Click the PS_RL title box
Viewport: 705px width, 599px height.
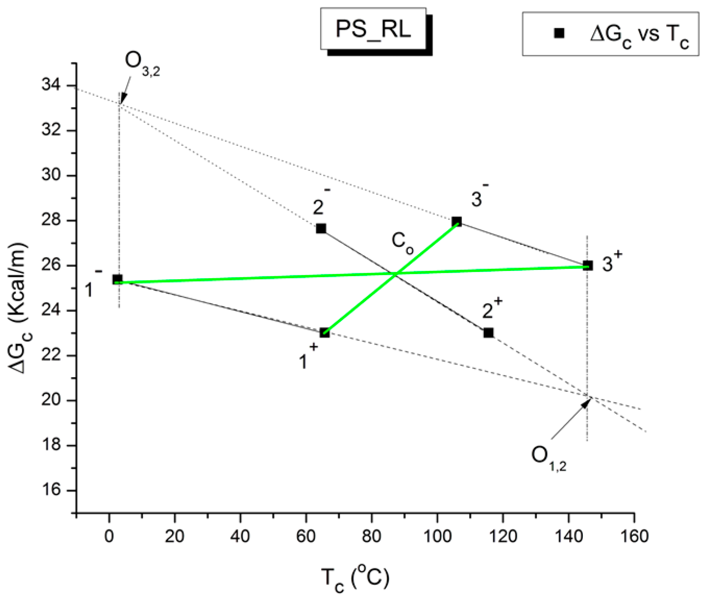coord(373,29)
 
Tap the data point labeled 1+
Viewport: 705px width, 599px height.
coord(325,332)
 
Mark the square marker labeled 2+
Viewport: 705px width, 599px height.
coord(488,332)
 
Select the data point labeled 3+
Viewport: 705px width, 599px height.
coord(588,265)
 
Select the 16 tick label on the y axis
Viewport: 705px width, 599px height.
coord(51,490)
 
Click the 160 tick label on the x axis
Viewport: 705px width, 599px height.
coord(634,536)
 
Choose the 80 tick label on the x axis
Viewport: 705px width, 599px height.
coord(372,536)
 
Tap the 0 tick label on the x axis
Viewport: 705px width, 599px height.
coord(109,536)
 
